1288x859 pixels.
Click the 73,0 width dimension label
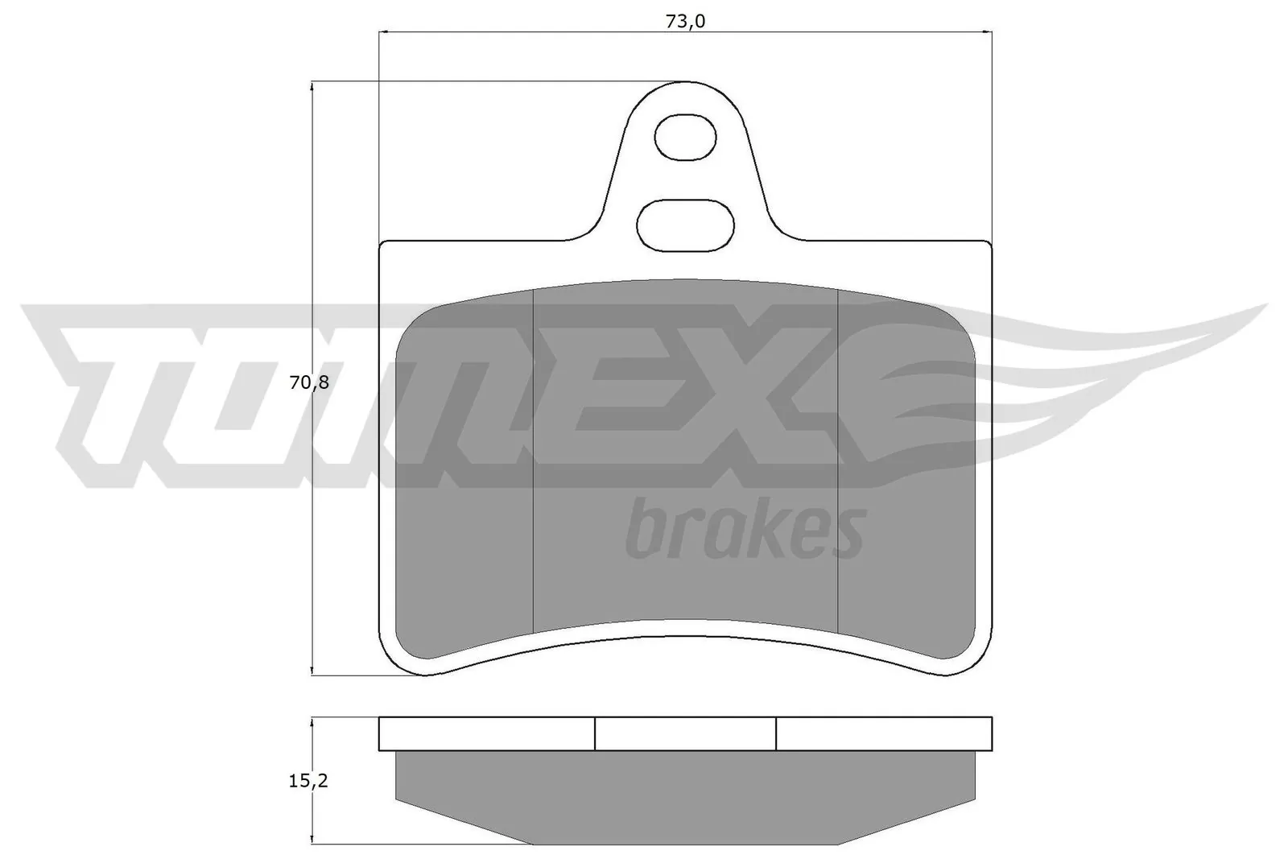click(685, 22)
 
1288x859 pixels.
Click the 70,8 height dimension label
click(310, 383)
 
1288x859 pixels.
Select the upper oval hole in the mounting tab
click(685, 138)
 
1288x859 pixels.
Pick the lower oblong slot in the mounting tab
click(685, 223)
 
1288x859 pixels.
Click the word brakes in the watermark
click(745, 529)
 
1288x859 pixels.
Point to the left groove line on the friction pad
click(534, 459)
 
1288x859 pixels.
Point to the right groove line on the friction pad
click(838, 459)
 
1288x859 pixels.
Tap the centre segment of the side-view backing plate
click(685, 733)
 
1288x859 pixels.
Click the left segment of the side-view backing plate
click(486, 733)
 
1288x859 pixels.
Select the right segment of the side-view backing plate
click(884, 733)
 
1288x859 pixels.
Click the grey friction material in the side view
click(685, 793)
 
